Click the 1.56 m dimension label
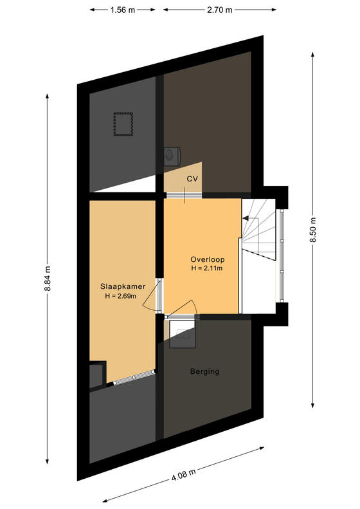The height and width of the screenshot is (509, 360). pyautogui.click(x=123, y=10)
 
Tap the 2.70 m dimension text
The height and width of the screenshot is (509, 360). pyautogui.click(x=220, y=10)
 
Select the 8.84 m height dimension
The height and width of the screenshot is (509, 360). pyautogui.click(x=48, y=279)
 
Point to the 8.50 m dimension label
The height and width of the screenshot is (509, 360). pyautogui.click(x=312, y=230)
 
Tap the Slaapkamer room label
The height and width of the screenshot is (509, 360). pyautogui.click(x=123, y=286)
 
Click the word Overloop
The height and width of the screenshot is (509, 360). pyautogui.click(x=207, y=259)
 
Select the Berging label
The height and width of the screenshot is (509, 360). pyautogui.click(x=204, y=371)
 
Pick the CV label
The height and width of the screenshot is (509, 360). pyautogui.click(x=192, y=178)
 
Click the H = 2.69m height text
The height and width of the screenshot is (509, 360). pyautogui.click(x=120, y=296)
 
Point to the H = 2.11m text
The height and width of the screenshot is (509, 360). pyautogui.click(x=206, y=268)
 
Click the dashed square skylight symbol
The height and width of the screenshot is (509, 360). pyautogui.click(x=123, y=124)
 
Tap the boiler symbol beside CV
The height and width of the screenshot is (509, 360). pyautogui.click(x=172, y=156)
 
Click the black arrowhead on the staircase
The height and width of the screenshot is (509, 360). pyautogui.click(x=246, y=218)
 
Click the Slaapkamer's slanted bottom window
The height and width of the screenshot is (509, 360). pyautogui.click(x=134, y=378)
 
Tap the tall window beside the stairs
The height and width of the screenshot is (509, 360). pyautogui.click(x=282, y=256)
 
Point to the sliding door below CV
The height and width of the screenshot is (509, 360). pyautogui.click(x=184, y=195)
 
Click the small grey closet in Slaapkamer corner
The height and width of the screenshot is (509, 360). pyautogui.click(x=98, y=375)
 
